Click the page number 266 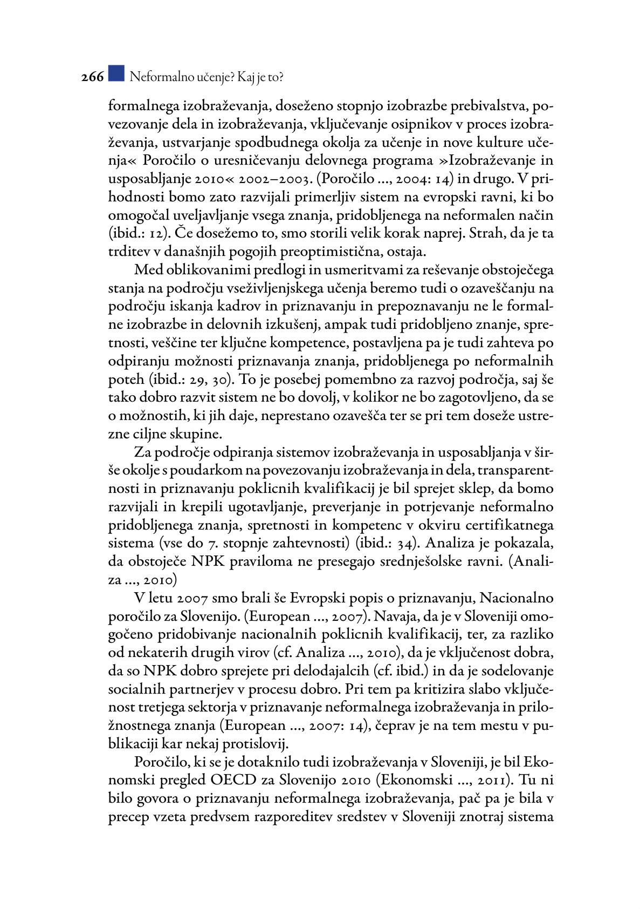click(92, 77)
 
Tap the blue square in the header click(116, 74)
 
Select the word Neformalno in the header click(155, 77)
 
